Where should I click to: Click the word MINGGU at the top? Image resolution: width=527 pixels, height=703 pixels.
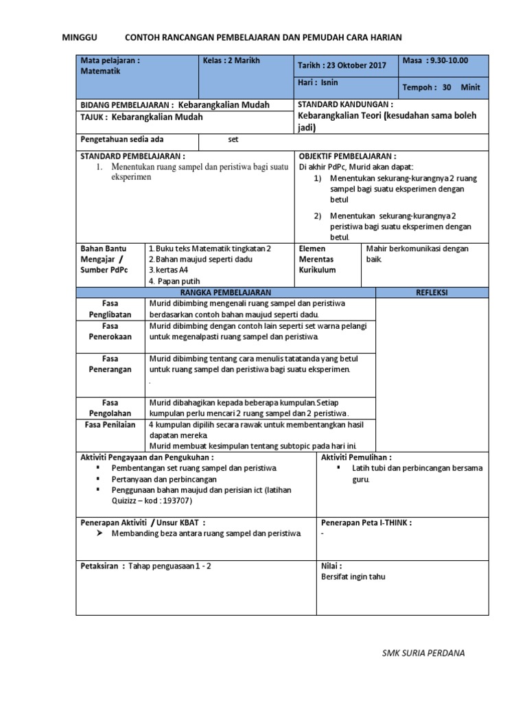tap(80, 36)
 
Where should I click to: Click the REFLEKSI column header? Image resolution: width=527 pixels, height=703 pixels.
tap(432, 292)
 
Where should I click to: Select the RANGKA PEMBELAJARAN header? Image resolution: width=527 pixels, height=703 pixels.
tap(226, 292)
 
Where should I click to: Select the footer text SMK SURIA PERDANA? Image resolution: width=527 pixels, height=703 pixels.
tap(423, 652)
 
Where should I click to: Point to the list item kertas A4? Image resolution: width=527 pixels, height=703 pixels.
tap(168, 270)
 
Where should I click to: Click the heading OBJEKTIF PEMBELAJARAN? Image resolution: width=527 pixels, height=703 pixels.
tap(348, 156)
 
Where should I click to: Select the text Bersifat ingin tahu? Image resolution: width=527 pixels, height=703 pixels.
tap(353, 577)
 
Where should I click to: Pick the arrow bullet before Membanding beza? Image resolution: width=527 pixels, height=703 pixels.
tap(99, 533)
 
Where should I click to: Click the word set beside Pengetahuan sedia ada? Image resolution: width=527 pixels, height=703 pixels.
tap(233, 139)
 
